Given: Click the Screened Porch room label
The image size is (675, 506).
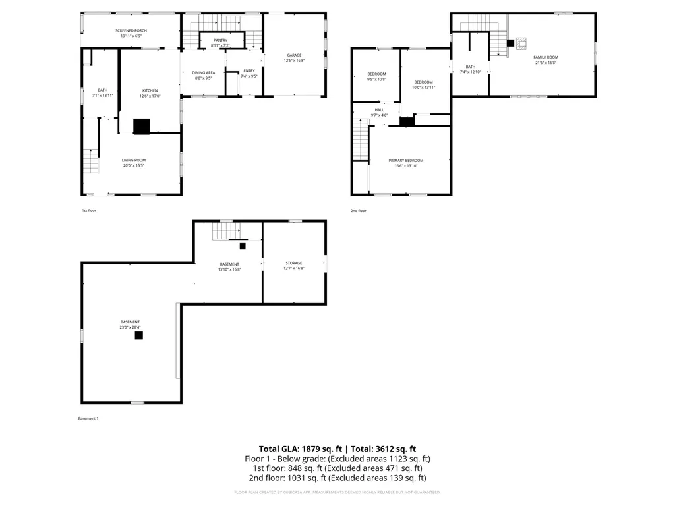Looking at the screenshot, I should click(x=131, y=31).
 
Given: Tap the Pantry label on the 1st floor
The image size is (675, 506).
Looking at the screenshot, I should click(x=220, y=41).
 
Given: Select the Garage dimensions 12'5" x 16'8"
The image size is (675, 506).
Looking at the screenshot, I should click(x=294, y=61).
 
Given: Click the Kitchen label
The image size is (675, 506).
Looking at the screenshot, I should click(x=150, y=90).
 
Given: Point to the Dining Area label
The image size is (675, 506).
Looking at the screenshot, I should click(x=203, y=73).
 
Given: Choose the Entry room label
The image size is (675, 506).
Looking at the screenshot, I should click(x=249, y=71).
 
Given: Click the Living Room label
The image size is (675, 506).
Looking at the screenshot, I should click(x=134, y=160).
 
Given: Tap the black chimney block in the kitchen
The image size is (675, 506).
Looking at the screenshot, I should click(x=142, y=126).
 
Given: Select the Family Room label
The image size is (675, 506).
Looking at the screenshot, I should click(x=546, y=57).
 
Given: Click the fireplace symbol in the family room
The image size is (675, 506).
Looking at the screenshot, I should click(x=522, y=43).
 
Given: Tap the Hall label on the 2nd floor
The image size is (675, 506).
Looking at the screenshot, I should click(x=379, y=110).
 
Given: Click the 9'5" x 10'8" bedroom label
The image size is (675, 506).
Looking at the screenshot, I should click(x=376, y=74).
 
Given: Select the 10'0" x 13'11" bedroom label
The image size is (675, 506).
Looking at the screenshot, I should click(x=423, y=82).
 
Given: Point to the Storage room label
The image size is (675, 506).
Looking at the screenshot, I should click(x=294, y=263).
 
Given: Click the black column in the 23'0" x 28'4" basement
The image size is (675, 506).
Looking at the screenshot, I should click(x=139, y=335).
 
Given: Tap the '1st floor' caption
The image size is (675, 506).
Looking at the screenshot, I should click(x=89, y=211).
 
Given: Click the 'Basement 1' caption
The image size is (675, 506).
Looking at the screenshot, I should click(x=88, y=418).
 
